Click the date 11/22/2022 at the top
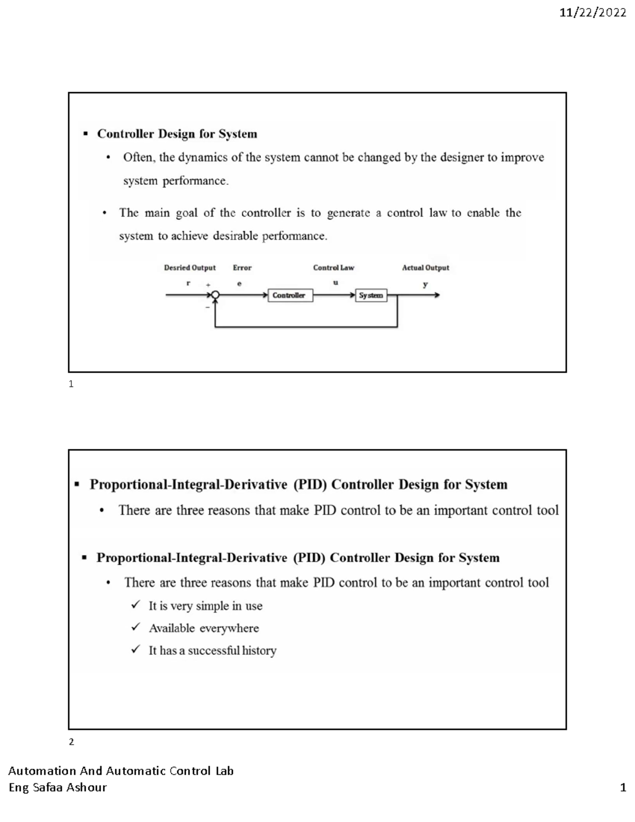point(593,13)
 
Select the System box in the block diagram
point(371,295)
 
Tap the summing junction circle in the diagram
point(215,295)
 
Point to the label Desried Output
point(189,268)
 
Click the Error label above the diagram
point(242,268)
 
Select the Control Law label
point(333,268)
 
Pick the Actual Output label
point(425,268)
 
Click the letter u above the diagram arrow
point(335,283)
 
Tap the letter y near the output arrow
point(425,285)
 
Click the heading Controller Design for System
point(177,134)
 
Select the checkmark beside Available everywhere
point(136,628)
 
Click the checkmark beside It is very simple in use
point(136,605)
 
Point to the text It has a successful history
point(212,651)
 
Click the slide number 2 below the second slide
point(71,742)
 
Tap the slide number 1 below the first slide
point(71,384)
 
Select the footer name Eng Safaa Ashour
point(58,788)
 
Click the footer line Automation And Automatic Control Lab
point(121,771)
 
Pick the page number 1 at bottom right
point(623,788)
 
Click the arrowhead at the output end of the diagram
point(437,295)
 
